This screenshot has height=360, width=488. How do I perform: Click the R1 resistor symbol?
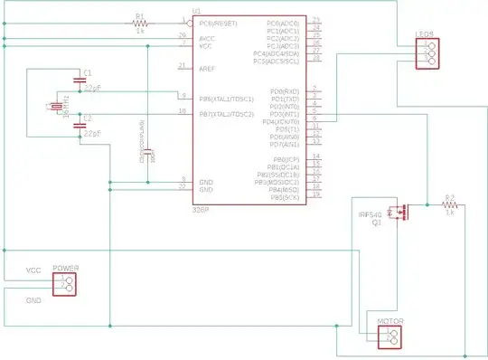(x=140, y=23)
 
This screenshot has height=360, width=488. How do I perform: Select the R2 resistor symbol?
(x=449, y=205)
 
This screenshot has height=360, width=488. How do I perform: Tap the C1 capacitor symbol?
(x=80, y=82)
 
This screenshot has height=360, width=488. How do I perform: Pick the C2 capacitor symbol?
(x=80, y=128)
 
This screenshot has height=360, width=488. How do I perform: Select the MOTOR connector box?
(x=389, y=336)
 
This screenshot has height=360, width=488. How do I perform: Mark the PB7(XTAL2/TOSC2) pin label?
(x=226, y=113)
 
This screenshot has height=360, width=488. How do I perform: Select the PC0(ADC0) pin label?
(x=284, y=23)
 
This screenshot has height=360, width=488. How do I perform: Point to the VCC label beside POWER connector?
(x=33, y=270)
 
